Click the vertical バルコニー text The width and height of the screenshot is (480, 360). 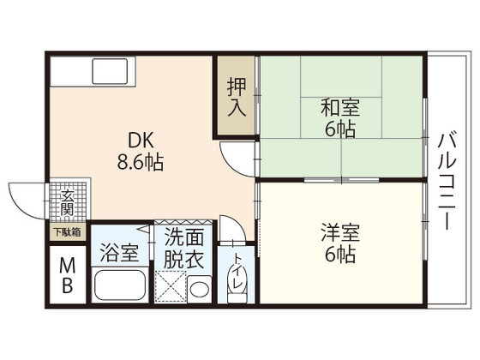click(x=447, y=181)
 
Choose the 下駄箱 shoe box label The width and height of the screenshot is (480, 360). click(x=67, y=231)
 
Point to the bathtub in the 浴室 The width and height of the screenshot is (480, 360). click(x=120, y=285)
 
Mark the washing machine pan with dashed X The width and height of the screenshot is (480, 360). click(x=171, y=285)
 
